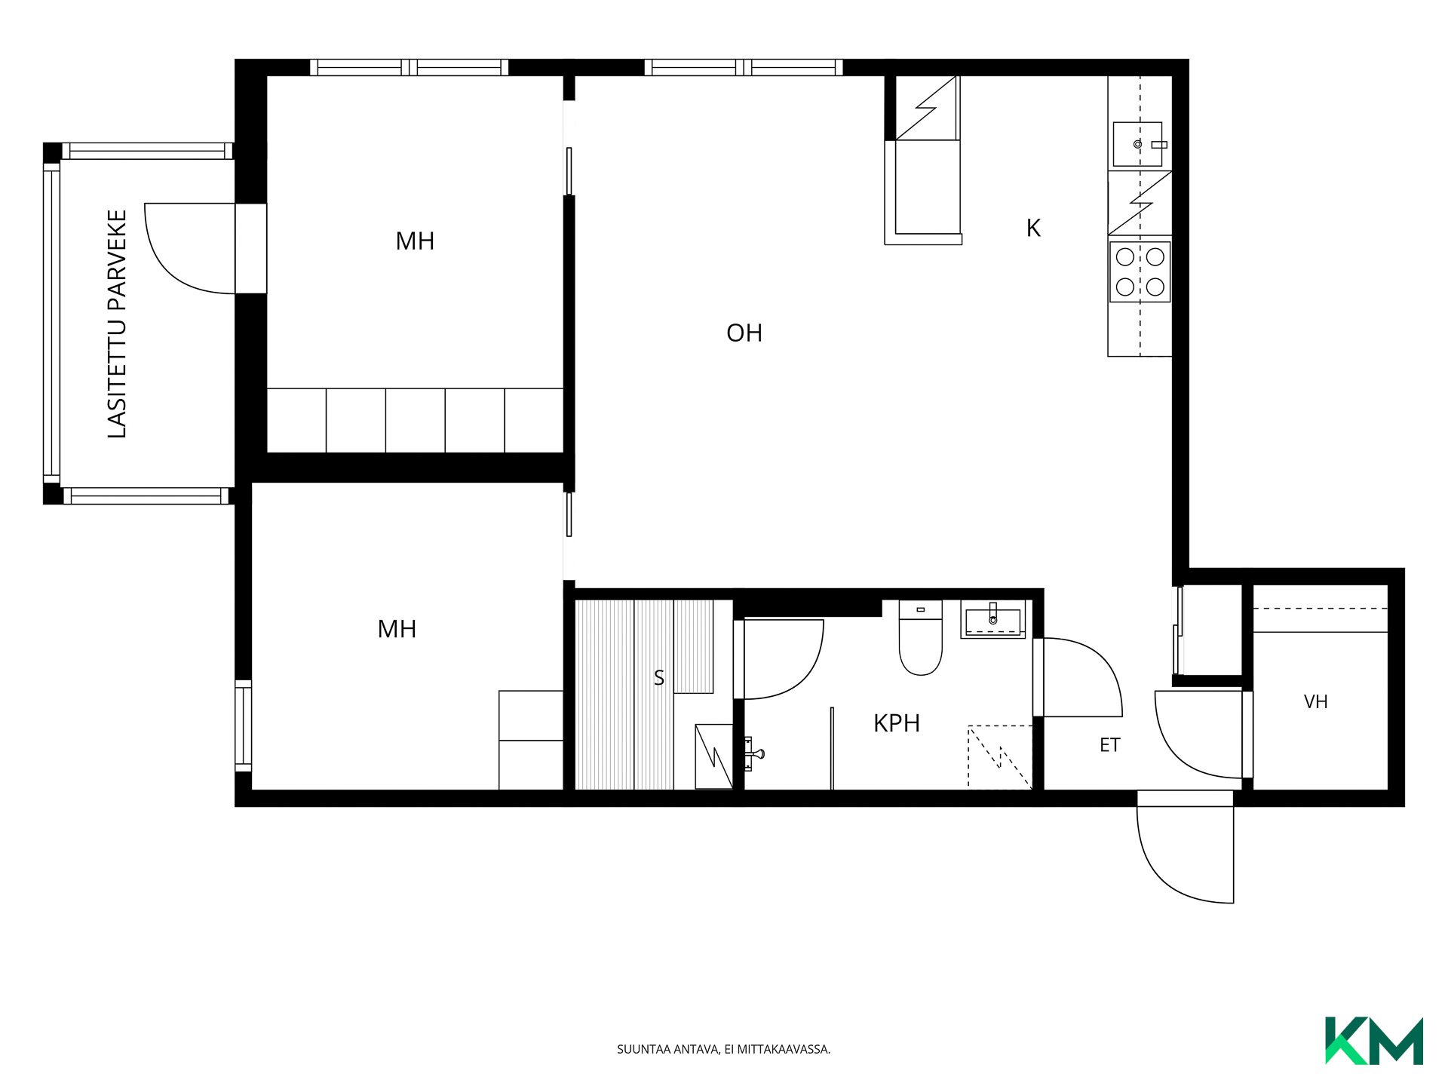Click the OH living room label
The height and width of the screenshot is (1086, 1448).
point(744,333)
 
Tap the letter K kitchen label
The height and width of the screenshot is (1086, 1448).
point(1033,228)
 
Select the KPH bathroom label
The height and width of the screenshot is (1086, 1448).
point(897,723)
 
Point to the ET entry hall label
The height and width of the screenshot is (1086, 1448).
point(1110,745)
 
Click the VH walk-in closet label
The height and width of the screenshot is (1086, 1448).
point(1316,702)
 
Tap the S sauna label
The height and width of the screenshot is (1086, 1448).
point(659,678)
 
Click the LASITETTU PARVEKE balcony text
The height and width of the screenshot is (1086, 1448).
point(117,324)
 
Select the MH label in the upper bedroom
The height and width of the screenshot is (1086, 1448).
point(415,241)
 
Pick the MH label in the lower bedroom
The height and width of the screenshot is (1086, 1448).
point(397,629)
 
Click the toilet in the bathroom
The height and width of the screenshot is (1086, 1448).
point(921,637)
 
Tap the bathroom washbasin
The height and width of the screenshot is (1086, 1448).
point(993,620)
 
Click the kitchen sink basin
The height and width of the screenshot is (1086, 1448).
point(1138,144)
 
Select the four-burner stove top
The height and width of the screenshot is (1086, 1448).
point(1140,271)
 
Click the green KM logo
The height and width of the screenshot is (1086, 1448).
point(1374,1041)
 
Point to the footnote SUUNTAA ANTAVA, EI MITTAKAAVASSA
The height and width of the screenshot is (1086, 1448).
point(724,1049)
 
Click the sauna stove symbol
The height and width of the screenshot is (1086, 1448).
point(713,756)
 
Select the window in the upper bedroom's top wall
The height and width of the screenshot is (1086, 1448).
point(410,67)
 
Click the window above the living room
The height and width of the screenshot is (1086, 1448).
point(744,67)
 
